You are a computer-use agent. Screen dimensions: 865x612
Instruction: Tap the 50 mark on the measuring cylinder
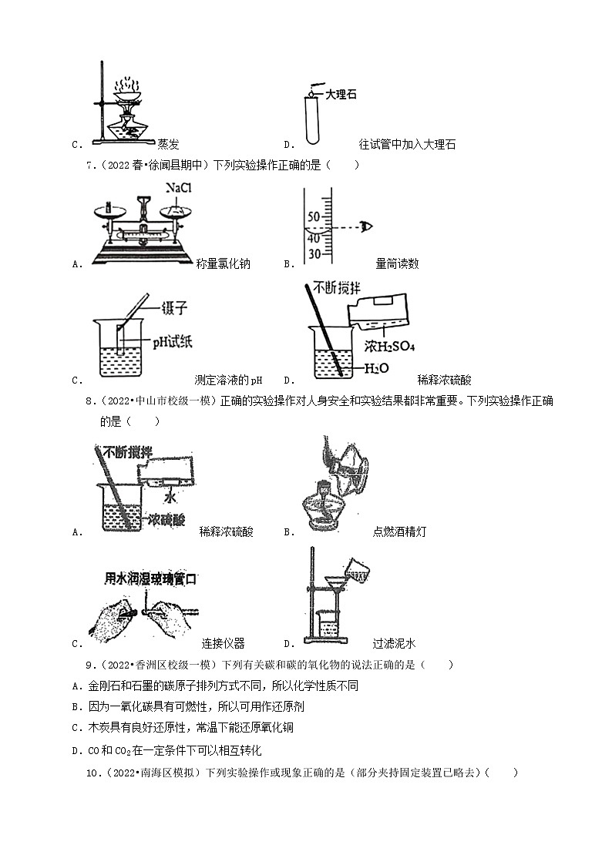click(314, 217)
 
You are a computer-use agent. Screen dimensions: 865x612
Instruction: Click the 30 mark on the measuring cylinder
click(314, 253)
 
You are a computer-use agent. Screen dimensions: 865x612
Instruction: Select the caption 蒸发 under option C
click(167, 144)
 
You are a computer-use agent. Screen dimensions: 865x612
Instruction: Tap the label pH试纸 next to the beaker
click(169, 340)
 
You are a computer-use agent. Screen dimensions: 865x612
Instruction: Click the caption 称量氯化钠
click(223, 263)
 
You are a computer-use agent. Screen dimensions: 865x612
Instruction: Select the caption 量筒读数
click(397, 263)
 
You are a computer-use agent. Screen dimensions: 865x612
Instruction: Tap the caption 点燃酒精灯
click(398, 531)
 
